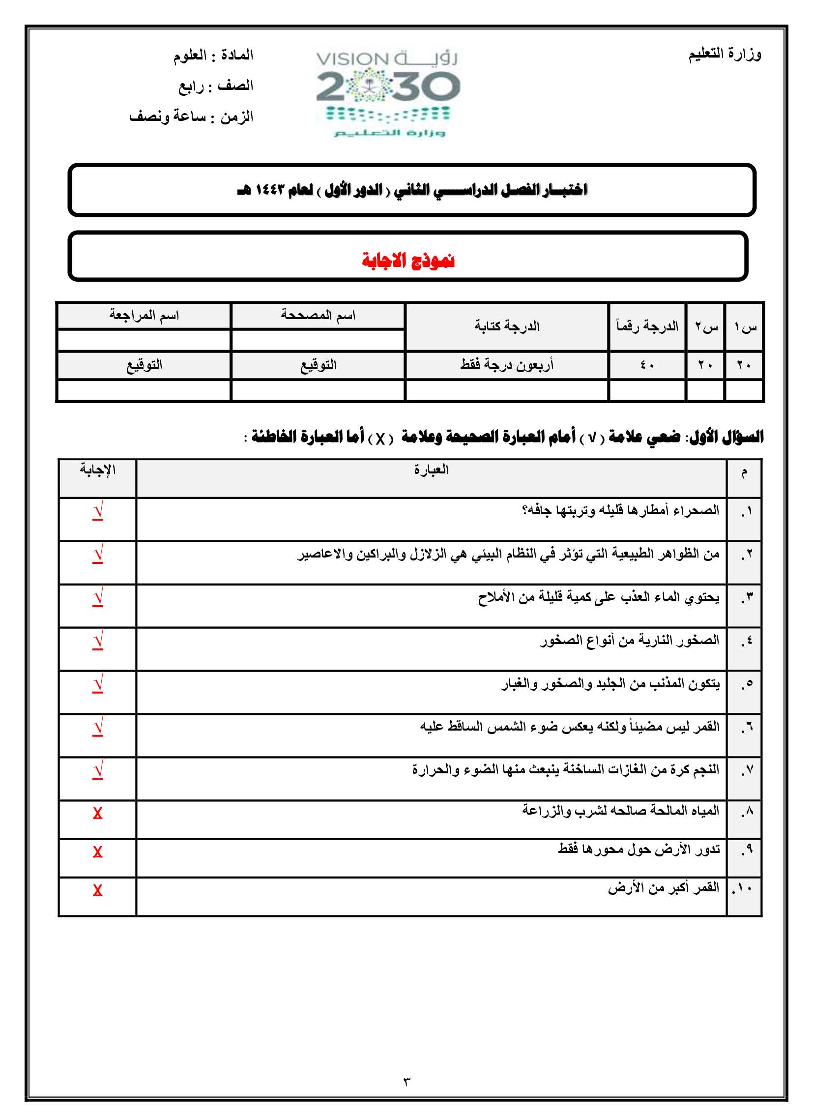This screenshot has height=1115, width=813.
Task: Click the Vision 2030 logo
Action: [388, 92]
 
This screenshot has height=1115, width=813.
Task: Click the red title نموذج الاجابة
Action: [408, 260]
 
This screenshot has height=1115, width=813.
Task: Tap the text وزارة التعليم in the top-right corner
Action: [725, 54]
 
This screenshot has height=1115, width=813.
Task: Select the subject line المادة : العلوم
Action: [213, 55]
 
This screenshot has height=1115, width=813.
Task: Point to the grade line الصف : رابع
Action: [216, 86]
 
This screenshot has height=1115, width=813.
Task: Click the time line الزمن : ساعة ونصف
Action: [191, 117]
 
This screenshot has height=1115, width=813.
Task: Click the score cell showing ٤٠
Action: [647, 365]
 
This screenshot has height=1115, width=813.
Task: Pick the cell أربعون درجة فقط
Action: [506, 365]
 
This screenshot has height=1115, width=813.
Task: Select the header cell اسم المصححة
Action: [318, 315]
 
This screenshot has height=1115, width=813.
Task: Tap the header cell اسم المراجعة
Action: [144, 315]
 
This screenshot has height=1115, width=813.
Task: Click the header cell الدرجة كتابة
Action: [506, 326]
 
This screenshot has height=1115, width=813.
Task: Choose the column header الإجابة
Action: [97, 470]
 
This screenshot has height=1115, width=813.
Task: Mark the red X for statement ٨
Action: [97, 813]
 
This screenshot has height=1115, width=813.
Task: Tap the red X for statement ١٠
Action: [97, 890]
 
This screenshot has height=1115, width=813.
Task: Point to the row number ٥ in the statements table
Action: [746, 684]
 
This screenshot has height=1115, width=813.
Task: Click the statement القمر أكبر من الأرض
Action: [663, 888]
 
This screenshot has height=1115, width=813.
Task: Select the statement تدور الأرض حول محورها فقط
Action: [639, 849]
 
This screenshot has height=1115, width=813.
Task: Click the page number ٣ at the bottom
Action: [406, 1082]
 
